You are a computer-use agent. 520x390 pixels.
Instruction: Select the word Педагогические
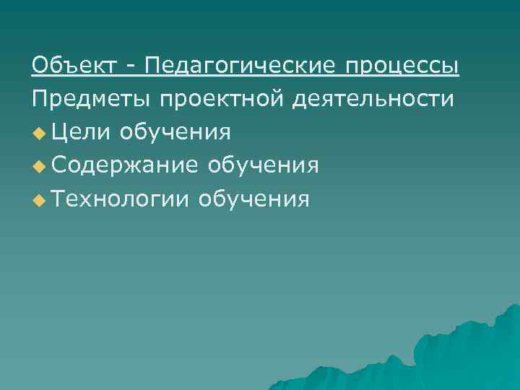tap(240, 67)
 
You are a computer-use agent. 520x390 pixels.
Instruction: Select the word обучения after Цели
tap(176, 133)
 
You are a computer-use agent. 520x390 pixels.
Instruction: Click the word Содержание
tap(124, 166)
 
